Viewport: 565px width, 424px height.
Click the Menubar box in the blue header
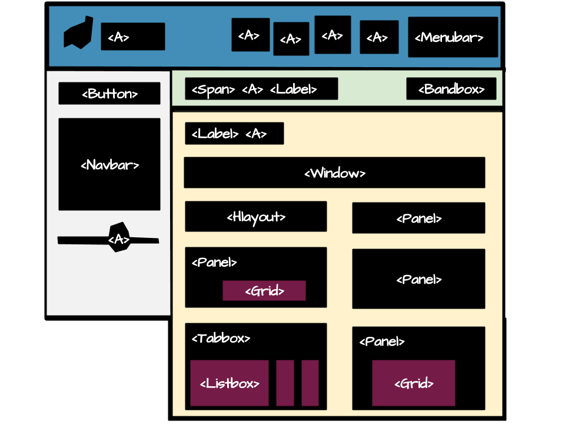453,37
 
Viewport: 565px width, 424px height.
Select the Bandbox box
451,89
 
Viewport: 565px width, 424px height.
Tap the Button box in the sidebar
109,94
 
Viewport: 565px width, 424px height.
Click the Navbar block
109,164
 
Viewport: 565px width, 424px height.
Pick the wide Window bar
334,173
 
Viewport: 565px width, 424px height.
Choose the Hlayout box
255,217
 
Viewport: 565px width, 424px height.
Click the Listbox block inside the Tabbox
230,383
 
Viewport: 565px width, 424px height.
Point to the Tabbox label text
221,339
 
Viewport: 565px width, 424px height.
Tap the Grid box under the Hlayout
264,291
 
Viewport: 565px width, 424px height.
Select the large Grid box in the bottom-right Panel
413,383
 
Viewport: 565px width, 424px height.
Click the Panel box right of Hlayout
418,218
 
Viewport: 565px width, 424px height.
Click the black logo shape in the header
79,33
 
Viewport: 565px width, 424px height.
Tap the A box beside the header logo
133,37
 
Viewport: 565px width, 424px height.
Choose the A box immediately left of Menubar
379,37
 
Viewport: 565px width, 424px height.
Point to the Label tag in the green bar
293,90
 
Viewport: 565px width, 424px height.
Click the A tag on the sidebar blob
119,239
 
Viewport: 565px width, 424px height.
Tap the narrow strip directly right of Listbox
285,383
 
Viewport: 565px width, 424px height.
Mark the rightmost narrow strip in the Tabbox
310,383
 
